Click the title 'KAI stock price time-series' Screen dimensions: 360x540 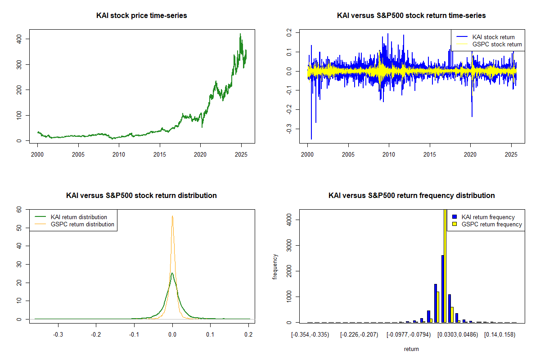click(x=142, y=16)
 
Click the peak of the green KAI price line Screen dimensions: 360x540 click(x=240, y=34)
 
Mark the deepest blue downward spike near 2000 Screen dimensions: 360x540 click(x=311, y=139)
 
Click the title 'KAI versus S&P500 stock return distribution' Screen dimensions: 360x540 click(x=142, y=196)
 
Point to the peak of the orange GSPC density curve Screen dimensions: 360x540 click(x=172, y=216)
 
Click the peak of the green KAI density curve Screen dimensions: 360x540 click(x=172, y=273)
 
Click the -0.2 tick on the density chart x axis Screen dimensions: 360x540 click(x=96, y=334)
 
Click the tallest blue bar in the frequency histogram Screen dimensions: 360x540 click(x=443, y=288)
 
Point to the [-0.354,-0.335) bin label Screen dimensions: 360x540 click(x=310, y=334)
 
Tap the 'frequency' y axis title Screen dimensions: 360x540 click(x=275, y=266)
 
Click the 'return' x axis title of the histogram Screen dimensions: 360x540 click(x=411, y=349)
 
